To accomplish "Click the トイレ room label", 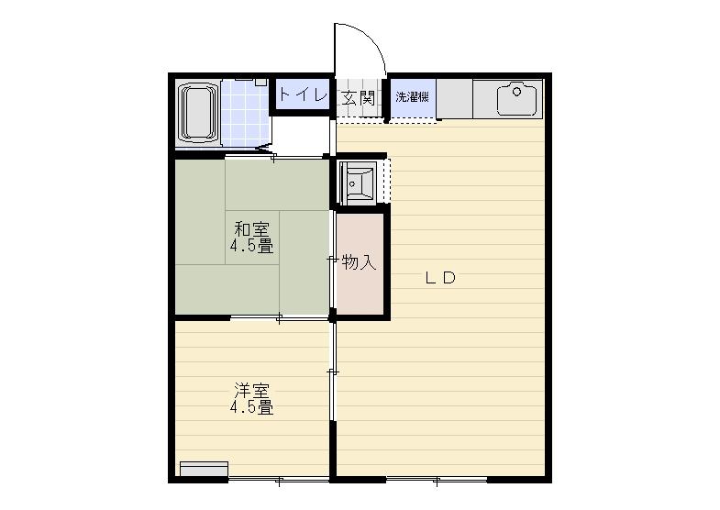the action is [x=303, y=95].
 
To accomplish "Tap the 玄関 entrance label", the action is [x=358, y=98].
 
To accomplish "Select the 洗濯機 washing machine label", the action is [x=413, y=97].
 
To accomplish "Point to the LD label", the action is [x=440, y=278].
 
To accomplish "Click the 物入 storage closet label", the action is [x=359, y=262].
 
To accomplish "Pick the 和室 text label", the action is [x=251, y=228].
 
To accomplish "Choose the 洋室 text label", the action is [x=251, y=390].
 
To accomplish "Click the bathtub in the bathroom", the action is [x=199, y=113].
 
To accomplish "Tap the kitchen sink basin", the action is [x=517, y=99].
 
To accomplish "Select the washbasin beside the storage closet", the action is [x=358, y=183].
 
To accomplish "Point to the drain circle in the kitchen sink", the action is [x=516, y=92].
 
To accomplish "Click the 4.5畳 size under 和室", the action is [x=251, y=247].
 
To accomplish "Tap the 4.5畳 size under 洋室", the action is [x=251, y=407].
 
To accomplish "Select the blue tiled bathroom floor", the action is [x=245, y=114].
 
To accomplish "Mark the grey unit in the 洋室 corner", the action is [x=204, y=469].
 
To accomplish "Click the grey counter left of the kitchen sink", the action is [x=455, y=99].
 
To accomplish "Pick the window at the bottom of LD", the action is [x=437, y=480].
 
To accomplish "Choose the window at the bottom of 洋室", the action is [x=279, y=480].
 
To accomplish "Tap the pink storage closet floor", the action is [x=360, y=264].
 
